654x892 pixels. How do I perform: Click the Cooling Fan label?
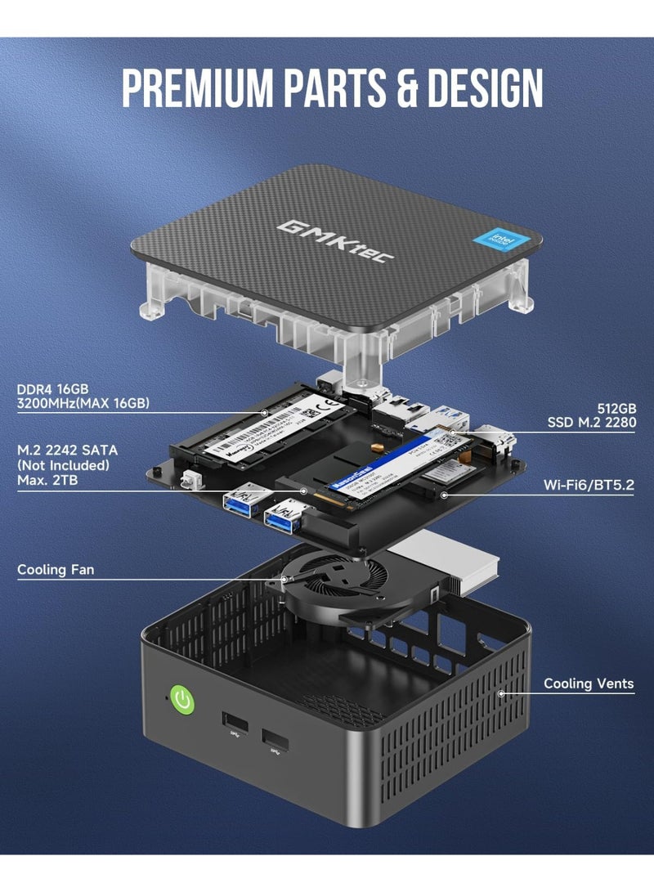56,569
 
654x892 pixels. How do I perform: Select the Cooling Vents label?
589,683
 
